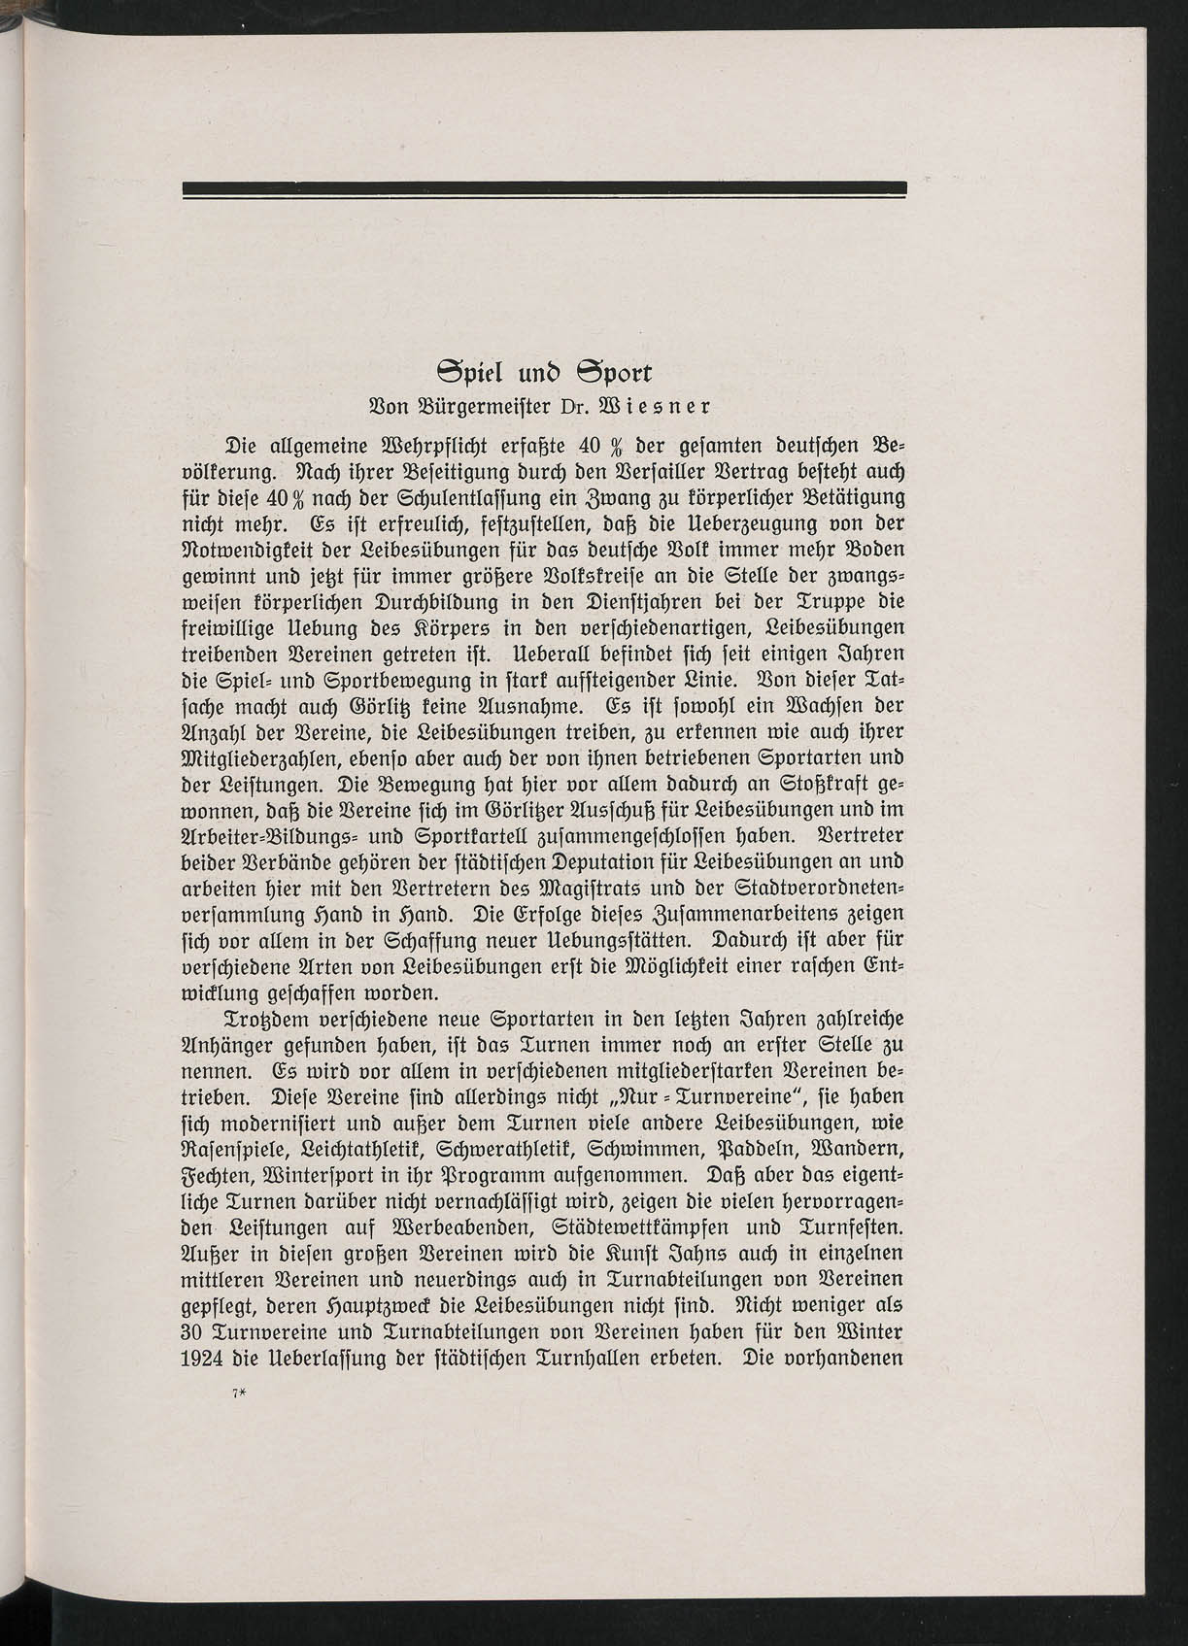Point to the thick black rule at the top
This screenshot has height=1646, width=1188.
[x=544, y=188]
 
